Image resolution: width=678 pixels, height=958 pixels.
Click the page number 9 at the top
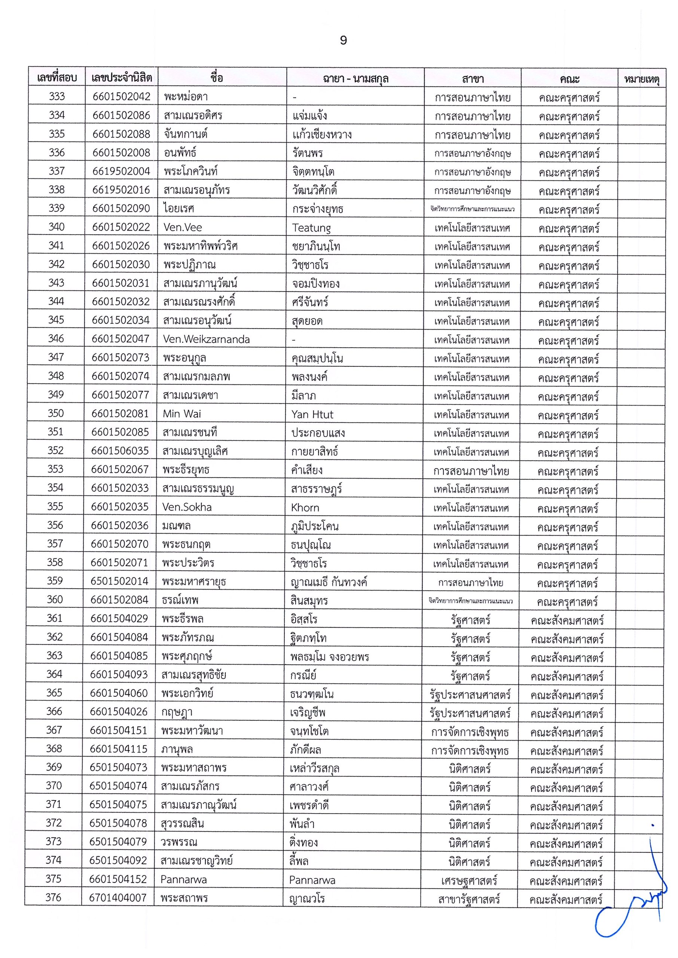(343, 40)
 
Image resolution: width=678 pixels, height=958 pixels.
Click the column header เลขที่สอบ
(57, 77)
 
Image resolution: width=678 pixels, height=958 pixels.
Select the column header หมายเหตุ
(641, 79)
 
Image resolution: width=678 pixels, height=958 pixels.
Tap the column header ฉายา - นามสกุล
(355, 79)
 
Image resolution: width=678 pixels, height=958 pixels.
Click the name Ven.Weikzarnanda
(206, 339)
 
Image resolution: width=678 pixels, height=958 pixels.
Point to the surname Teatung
(311, 228)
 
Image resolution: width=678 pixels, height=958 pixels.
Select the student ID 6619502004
(121, 171)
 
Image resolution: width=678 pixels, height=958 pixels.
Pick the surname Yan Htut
(312, 415)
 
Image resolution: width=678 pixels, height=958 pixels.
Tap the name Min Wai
(181, 414)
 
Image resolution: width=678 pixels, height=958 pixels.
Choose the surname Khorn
(305, 507)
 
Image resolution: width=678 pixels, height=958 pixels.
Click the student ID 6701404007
(118, 897)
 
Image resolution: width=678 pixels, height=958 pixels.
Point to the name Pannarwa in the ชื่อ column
(183, 879)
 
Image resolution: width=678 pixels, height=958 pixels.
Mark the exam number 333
(57, 97)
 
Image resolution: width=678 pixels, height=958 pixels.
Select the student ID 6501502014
(119, 582)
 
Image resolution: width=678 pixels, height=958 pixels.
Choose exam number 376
(54, 897)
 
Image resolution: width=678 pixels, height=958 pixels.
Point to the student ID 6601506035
(120, 451)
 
